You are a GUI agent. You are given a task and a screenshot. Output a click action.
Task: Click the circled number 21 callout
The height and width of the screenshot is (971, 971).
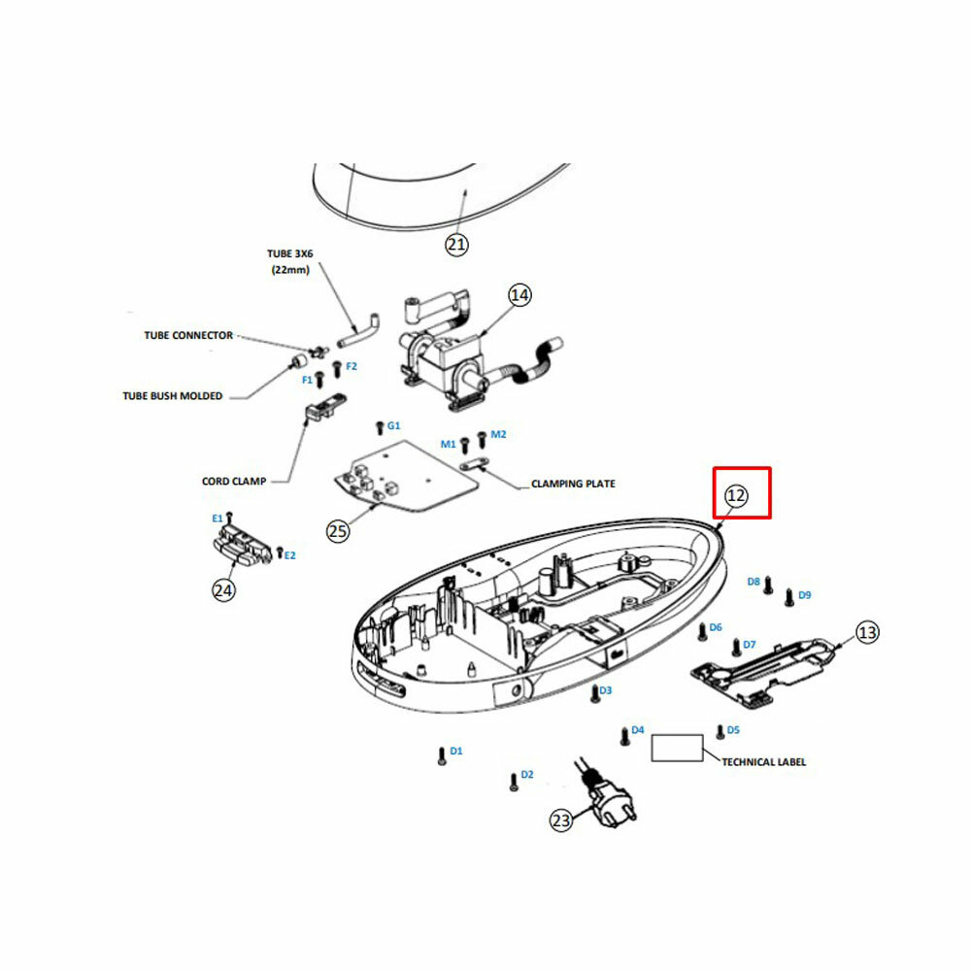point(456,245)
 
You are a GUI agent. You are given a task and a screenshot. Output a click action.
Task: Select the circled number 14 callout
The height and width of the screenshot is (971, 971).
point(520,295)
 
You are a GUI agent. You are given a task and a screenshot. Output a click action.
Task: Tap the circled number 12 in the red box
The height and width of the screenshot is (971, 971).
point(736,496)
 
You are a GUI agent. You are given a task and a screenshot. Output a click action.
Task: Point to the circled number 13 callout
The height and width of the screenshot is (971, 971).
point(867,633)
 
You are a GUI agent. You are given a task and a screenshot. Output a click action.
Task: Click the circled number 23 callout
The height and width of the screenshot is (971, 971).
point(561,821)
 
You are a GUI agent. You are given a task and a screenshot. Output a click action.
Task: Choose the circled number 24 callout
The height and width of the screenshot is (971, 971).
point(224,588)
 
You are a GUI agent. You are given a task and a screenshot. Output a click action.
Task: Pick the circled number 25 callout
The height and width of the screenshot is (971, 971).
point(338,531)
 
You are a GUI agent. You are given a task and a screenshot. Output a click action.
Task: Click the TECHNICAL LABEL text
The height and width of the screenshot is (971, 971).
point(763,762)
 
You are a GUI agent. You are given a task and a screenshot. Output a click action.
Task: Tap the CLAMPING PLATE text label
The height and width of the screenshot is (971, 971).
point(573,483)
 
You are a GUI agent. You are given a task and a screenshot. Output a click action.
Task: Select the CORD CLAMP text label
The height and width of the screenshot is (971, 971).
point(234,481)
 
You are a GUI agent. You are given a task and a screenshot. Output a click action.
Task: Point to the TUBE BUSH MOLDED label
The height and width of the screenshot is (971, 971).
point(173,395)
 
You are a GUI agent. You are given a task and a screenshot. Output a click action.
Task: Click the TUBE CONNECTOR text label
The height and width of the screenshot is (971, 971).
point(188,335)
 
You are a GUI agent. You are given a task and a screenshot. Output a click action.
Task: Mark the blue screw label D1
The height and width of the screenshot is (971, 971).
point(456,751)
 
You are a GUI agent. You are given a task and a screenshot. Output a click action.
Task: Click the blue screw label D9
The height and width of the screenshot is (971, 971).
point(804,594)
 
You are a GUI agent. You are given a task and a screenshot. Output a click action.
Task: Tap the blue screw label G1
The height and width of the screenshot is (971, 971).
point(394,426)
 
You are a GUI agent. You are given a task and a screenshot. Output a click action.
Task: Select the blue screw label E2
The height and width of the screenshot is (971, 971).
point(290,555)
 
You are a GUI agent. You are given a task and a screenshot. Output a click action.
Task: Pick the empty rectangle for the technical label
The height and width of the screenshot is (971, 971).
point(677,748)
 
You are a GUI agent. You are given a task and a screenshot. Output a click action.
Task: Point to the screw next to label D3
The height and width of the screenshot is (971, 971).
point(592,693)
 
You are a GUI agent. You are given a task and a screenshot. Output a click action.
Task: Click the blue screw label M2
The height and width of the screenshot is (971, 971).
point(498,434)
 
